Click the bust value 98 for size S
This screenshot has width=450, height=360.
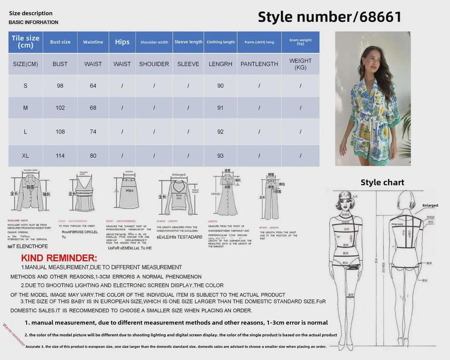pyautogui.click(x=60, y=86)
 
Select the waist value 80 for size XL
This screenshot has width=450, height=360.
pyautogui.click(x=93, y=156)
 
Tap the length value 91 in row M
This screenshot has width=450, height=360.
pyautogui.click(x=220, y=108)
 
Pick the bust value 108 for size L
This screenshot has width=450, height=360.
pyautogui.click(x=60, y=131)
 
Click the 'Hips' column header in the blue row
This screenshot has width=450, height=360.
pyautogui.click(x=122, y=42)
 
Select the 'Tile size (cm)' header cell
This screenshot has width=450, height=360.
pyautogui.click(x=25, y=42)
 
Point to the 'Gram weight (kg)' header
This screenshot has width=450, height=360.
pyautogui.click(x=300, y=42)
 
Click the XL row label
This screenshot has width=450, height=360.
pyautogui.click(x=25, y=156)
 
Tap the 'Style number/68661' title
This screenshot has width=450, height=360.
pyautogui.click(x=329, y=17)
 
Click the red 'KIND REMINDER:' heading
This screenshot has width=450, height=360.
pyautogui.click(x=59, y=258)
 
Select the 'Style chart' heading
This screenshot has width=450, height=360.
pyautogui.click(x=382, y=182)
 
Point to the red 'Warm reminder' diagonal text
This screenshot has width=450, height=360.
pyautogui.click(x=14, y=335)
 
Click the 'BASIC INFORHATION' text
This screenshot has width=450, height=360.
pyautogui.click(x=33, y=22)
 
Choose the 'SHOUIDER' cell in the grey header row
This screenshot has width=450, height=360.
pyautogui.click(x=154, y=64)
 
